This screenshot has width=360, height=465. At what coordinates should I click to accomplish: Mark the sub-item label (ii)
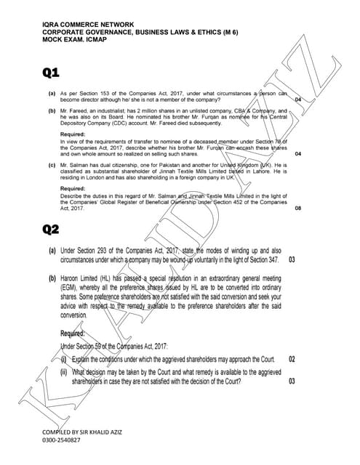tap(64, 371)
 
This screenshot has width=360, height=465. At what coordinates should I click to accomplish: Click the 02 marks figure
tap(292, 360)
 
